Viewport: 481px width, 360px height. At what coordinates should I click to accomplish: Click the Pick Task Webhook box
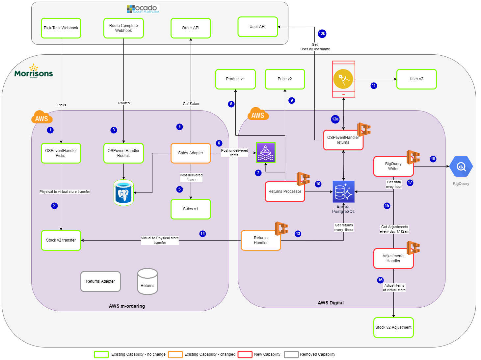[x=61, y=28]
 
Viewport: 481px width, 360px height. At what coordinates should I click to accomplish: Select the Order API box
[x=191, y=28]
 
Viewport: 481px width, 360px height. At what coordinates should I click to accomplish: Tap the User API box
[x=257, y=27]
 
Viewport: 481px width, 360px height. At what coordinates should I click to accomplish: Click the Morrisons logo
[x=34, y=71]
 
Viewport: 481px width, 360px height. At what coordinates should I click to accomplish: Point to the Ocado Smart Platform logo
[x=143, y=9]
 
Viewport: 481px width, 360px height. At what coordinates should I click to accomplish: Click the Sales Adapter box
[x=191, y=153]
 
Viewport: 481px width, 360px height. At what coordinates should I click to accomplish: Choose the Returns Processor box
[x=285, y=192]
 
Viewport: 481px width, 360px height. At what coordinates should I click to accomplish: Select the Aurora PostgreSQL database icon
[x=343, y=192]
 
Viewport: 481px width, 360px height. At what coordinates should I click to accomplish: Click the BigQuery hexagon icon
[x=461, y=167]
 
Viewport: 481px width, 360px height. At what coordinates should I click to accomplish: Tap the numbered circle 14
[x=202, y=234]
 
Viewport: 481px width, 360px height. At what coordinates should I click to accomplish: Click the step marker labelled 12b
[x=322, y=34]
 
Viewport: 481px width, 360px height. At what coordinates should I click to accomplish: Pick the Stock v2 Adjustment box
[x=393, y=327]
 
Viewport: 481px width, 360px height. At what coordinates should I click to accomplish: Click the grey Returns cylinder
[x=147, y=281]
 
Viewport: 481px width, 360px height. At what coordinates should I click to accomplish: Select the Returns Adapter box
[x=101, y=281]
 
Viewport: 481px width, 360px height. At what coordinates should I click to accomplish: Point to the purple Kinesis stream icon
[x=266, y=153]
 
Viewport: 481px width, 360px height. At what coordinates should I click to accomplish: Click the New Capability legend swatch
[x=245, y=354]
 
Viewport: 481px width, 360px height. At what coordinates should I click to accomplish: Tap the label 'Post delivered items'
[x=191, y=177]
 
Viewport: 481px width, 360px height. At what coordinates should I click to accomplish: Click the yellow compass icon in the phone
[x=343, y=79]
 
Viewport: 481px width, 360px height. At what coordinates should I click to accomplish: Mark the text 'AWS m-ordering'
[x=127, y=306]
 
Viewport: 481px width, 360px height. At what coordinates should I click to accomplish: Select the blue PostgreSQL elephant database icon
[x=123, y=193]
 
